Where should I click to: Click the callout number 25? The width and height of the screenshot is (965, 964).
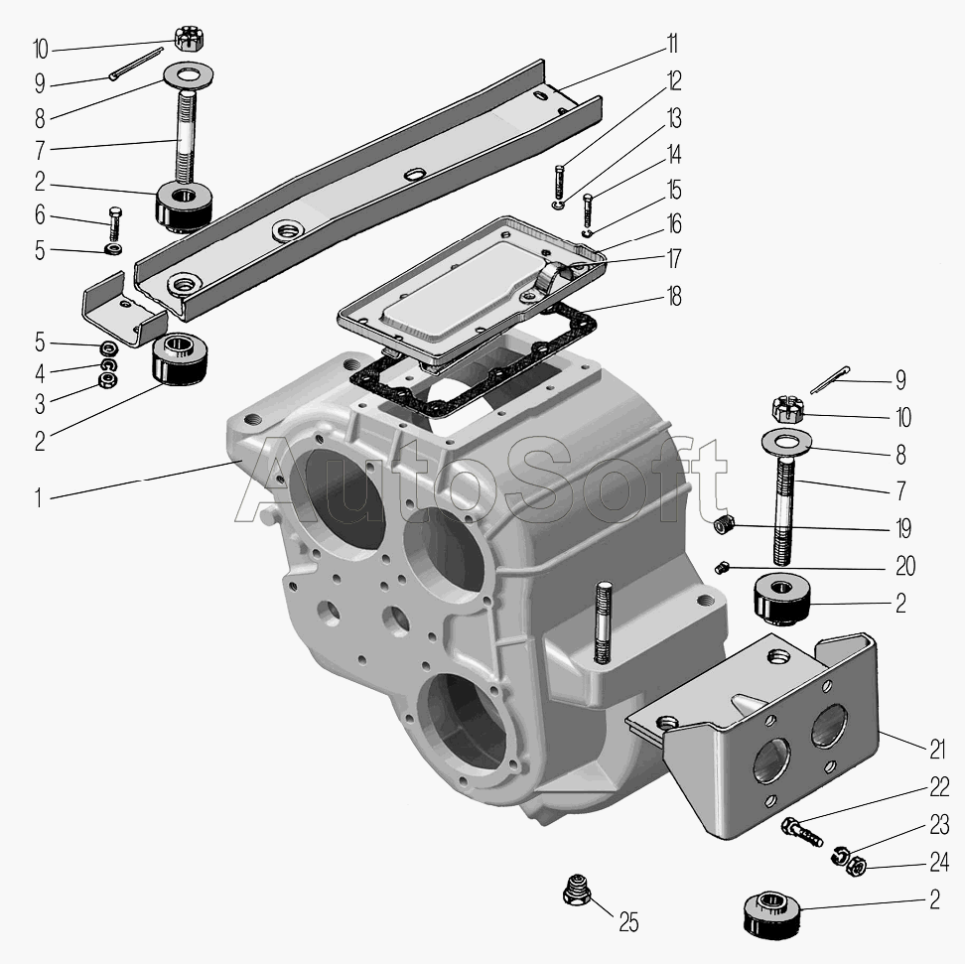(x=628, y=922)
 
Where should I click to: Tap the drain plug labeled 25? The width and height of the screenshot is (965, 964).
(x=577, y=889)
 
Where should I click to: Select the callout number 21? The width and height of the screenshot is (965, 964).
(x=936, y=750)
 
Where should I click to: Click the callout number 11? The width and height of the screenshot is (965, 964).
(x=673, y=45)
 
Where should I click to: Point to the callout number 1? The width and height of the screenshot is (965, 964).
(x=38, y=498)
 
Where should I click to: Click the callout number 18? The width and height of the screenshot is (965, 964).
(x=674, y=296)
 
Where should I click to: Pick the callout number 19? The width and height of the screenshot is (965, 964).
(x=902, y=528)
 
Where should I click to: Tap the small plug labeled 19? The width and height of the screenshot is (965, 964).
(x=725, y=526)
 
